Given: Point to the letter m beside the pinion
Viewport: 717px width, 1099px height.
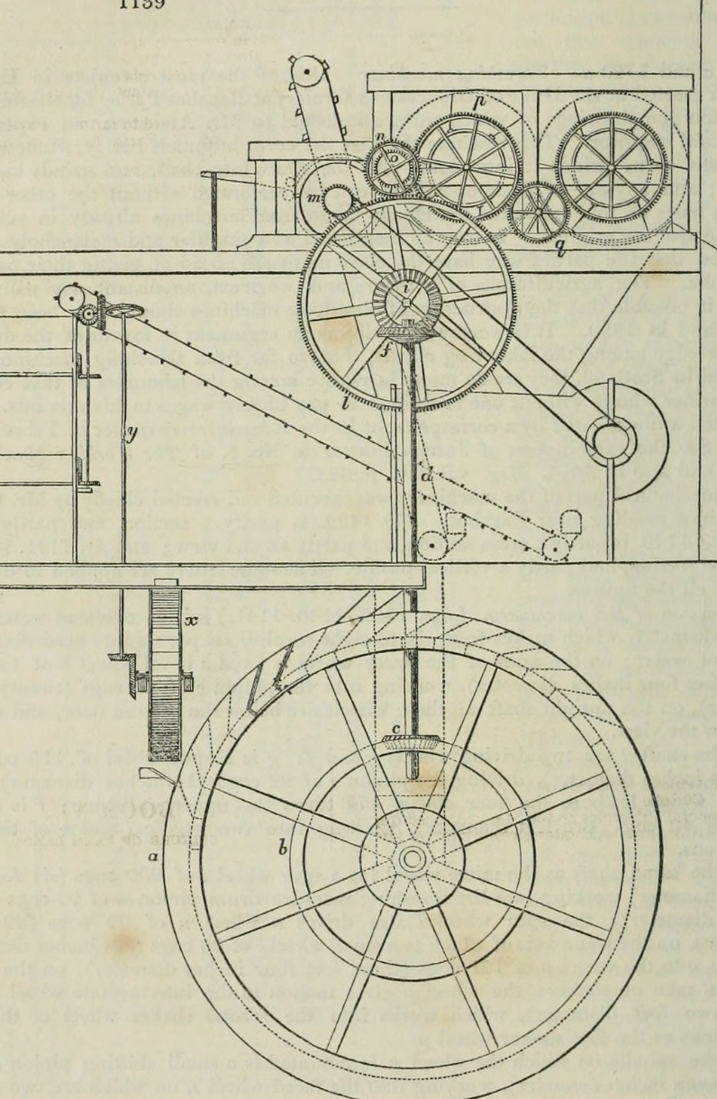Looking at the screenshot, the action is click(x=313, y=198).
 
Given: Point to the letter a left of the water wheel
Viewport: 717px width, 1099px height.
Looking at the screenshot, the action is click(x=154, y=857).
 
